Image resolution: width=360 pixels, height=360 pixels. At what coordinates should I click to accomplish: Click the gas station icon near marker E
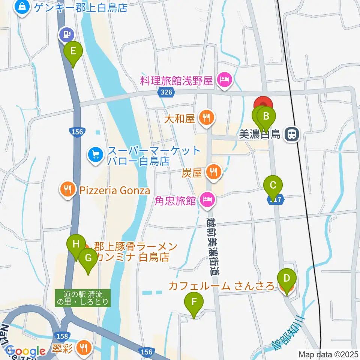(66, 34)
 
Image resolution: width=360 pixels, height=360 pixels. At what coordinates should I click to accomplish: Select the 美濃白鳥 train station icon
(291, 134)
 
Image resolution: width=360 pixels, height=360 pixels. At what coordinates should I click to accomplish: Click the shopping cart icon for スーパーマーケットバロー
(96, 155)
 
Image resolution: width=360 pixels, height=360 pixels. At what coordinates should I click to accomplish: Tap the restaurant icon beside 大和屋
(206, 118)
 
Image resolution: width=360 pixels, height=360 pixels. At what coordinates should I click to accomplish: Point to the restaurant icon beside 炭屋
(214, 172)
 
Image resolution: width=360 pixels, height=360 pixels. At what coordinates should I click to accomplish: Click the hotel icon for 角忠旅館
(207, 200)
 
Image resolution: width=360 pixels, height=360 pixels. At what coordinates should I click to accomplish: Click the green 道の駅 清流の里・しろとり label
(83, 298)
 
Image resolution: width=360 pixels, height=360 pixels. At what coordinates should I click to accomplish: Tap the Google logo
(25, 351)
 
